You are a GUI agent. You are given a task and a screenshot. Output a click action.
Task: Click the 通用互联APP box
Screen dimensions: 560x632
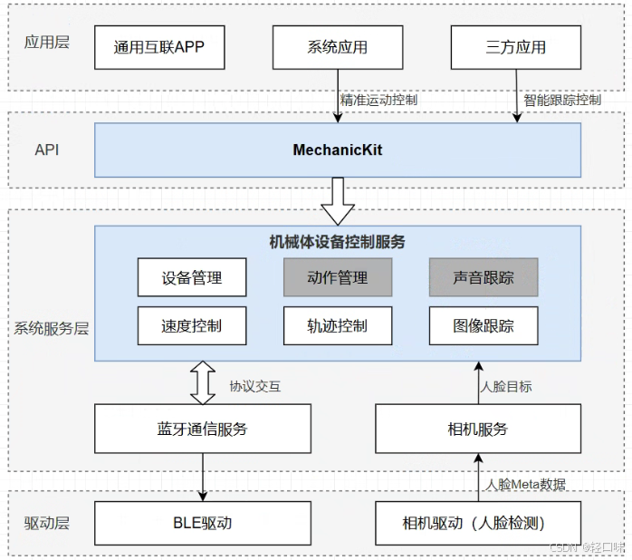point(159,47)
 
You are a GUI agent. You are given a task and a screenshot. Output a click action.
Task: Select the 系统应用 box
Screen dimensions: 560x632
point(337,47)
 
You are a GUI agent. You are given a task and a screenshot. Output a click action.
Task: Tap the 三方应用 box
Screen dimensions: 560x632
point(515,47)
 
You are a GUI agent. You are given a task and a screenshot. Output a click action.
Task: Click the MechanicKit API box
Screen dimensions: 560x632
point(337,150)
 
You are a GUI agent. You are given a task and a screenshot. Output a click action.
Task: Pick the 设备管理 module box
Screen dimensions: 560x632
point(192,277)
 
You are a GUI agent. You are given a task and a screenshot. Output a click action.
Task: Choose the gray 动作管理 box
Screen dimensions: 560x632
point(337,277)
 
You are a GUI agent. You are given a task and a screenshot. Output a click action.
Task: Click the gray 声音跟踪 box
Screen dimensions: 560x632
point(484,277)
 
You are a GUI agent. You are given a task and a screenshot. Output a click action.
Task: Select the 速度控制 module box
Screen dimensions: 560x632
point(192,325)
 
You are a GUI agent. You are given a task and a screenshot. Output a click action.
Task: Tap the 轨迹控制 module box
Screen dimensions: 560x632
point(337,325)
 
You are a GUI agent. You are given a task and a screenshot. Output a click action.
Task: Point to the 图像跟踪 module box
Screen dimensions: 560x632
point(484,325)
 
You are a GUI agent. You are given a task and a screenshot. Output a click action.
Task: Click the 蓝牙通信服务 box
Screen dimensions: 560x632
point(203,429)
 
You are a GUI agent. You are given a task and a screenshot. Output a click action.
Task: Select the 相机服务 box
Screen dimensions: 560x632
point(477,429)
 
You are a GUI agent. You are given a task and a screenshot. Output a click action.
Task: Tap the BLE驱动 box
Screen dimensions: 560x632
point(203,523)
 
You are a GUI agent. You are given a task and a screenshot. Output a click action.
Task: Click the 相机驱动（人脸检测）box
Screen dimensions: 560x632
point(477,523)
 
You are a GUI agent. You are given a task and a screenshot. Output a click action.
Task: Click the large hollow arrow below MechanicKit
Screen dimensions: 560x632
point(337,201)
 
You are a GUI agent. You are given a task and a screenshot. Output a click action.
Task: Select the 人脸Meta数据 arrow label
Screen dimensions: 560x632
point(526,484)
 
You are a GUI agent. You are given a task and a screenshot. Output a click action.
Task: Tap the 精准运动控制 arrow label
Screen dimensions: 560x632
point(378,100)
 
